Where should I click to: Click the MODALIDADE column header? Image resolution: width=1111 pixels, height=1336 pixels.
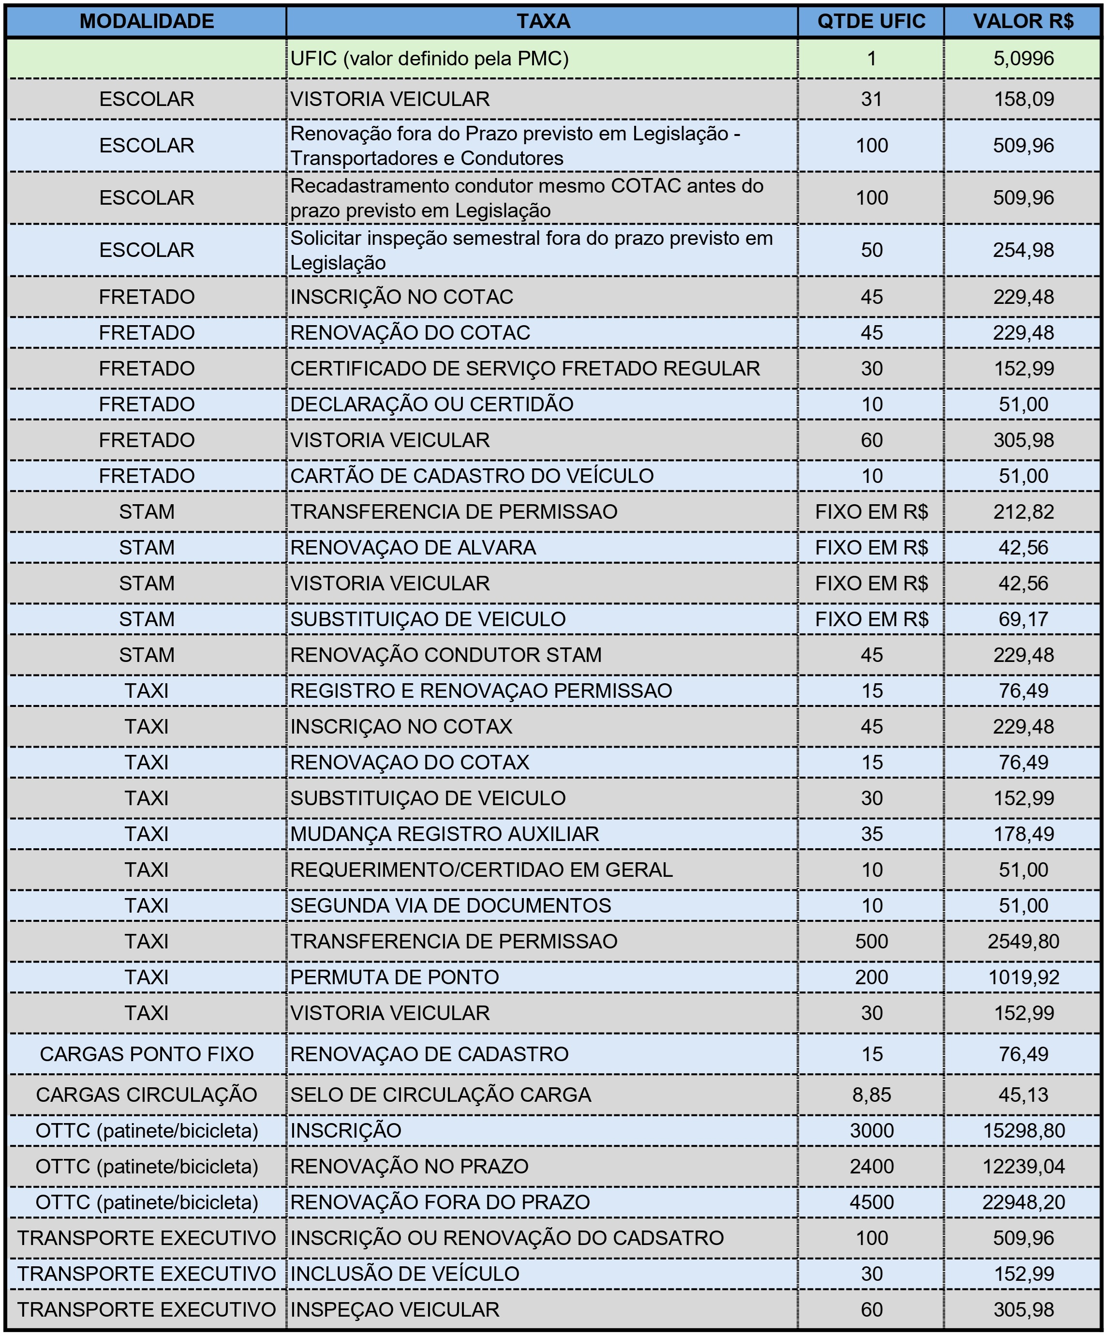(147, 22)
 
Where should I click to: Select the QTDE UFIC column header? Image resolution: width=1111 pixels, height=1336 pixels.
(871, 22)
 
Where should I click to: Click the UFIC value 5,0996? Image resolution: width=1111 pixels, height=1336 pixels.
(1023, 59)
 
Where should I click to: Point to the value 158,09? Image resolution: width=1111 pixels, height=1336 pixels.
(1023, 99)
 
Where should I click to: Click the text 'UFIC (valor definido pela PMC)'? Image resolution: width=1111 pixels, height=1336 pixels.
(430, 59)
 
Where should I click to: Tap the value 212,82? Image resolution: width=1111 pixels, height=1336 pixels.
(1023, 512)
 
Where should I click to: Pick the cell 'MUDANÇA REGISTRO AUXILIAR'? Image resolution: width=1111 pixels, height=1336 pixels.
(444, 834)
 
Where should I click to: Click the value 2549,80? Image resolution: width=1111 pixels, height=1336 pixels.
(1023, 942)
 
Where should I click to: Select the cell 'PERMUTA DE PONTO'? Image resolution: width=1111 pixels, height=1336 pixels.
(394, 977)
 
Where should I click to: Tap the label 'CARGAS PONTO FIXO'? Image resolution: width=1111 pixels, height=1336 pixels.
(147, 1054)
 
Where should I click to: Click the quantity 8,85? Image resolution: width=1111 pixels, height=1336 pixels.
(871, 1095)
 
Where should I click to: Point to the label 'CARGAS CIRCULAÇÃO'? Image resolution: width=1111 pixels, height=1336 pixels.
(147, 1095)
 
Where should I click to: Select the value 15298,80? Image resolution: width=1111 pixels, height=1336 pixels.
(1023, 1130)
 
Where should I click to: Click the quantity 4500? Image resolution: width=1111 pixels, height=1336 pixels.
(871, 1202)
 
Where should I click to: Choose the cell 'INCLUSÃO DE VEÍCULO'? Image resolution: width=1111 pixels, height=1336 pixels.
(404, 1274)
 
